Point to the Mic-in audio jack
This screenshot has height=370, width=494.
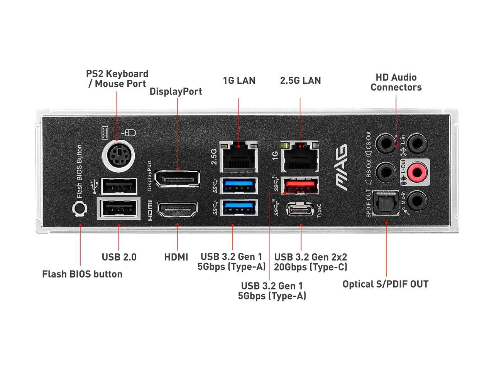418,200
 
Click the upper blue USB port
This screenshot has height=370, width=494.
239,185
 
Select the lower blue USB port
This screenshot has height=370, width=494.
239,208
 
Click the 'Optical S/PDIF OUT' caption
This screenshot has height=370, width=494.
385,284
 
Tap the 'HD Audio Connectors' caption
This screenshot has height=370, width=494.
396,82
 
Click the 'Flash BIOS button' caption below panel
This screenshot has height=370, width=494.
82,274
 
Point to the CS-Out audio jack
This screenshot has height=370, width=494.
386,143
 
